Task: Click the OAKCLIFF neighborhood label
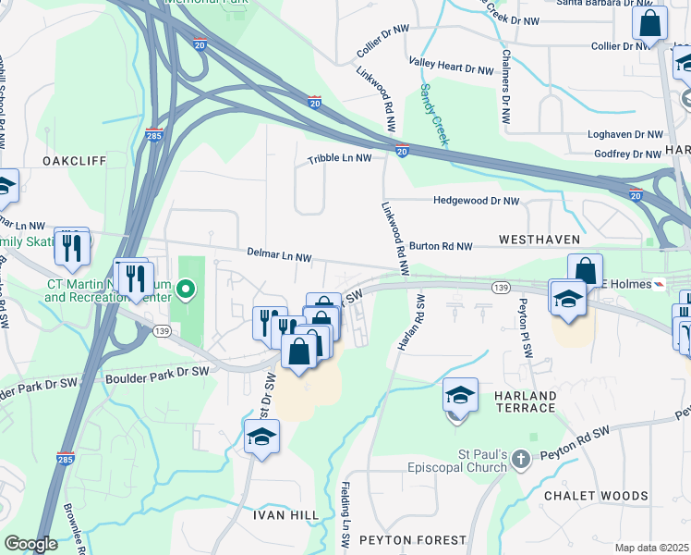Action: point(74,160)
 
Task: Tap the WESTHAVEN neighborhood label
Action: point(539,240)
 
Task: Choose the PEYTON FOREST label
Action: point(413,539)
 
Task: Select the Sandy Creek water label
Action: point(433,114)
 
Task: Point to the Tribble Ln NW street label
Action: point(340,158)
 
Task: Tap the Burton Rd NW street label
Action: point(441,247)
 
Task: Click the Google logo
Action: point(30,544)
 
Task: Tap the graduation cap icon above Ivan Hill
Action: point(261,437)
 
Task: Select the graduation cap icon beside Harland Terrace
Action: point(460,395)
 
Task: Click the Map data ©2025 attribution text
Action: point(650,548)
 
